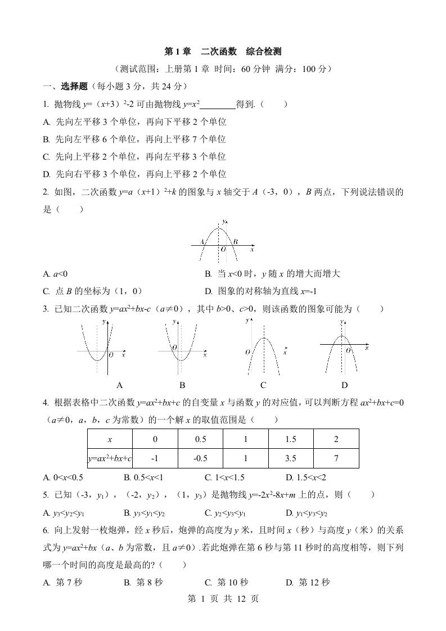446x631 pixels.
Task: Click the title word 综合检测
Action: tap(264, 52)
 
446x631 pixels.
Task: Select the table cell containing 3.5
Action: tap(291, 458)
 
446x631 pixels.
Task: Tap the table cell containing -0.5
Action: tap(200, 458)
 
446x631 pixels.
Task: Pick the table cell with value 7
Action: tap(336, 458)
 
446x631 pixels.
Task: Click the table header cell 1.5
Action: tap(291, 439)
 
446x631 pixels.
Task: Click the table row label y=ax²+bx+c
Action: tap(110, 458)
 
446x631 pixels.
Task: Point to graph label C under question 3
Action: tap(263, 385)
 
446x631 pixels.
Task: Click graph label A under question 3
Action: tap(119, 385)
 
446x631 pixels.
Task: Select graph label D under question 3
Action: tap(344, 385)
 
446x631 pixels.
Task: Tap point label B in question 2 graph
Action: tap(236, 242)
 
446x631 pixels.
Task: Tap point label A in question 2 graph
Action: tap(202, 242)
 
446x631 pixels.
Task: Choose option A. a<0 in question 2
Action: tap(55, 274)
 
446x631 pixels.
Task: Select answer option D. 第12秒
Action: tap(307, 582)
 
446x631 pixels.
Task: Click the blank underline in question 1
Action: tap(218, 104)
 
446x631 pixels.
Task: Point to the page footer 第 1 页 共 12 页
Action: tap(223, 599)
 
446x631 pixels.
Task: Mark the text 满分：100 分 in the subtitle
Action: tap(303, 69)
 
